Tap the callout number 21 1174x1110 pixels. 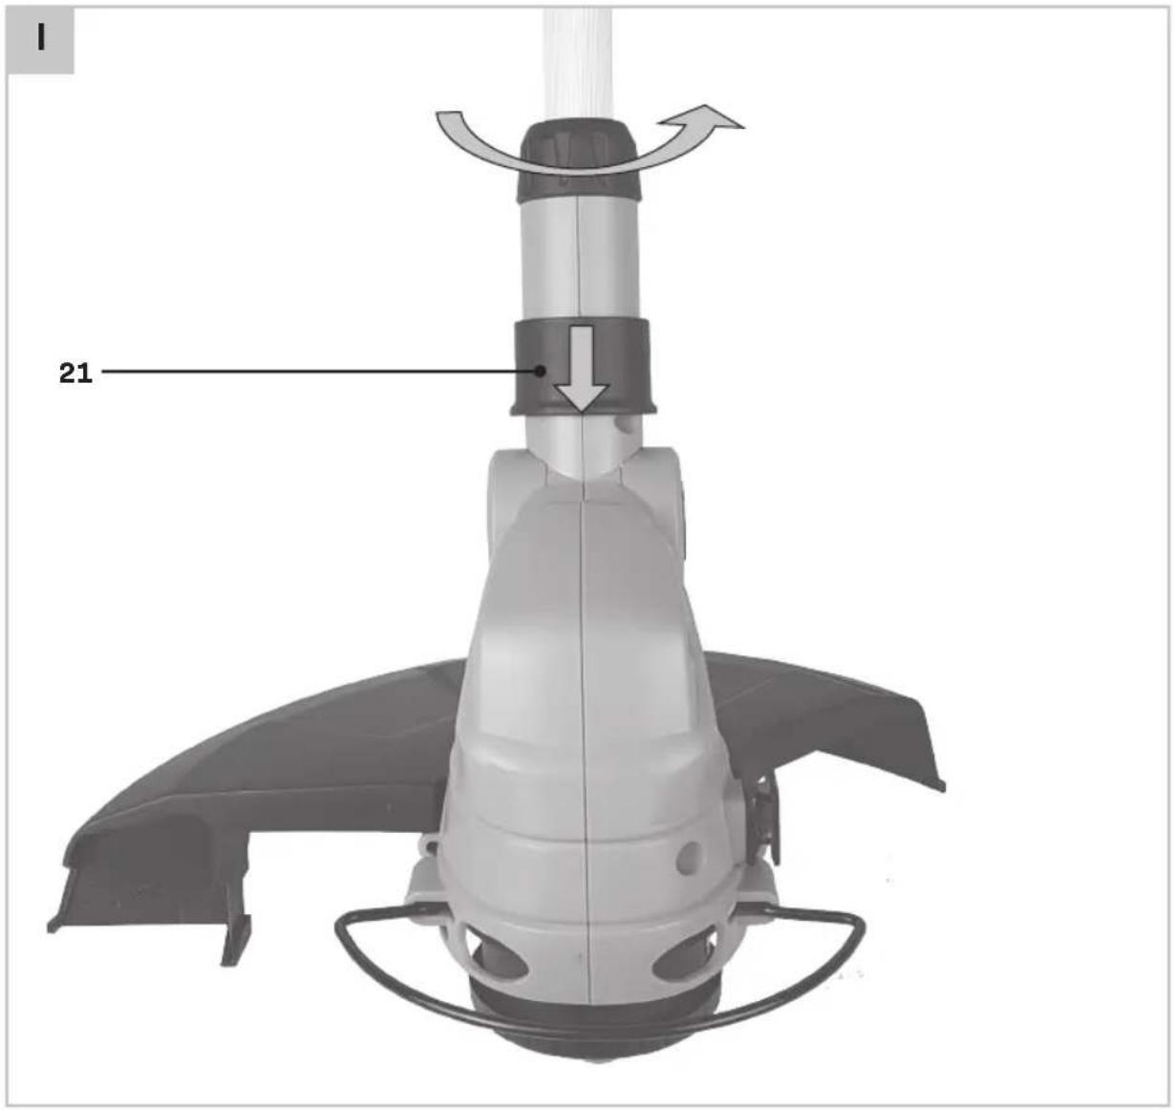click(75, 374)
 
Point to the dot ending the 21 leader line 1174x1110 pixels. click(541, 372)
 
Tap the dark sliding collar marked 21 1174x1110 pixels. click(583, 366)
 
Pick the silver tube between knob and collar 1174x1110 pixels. click(579, 260)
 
